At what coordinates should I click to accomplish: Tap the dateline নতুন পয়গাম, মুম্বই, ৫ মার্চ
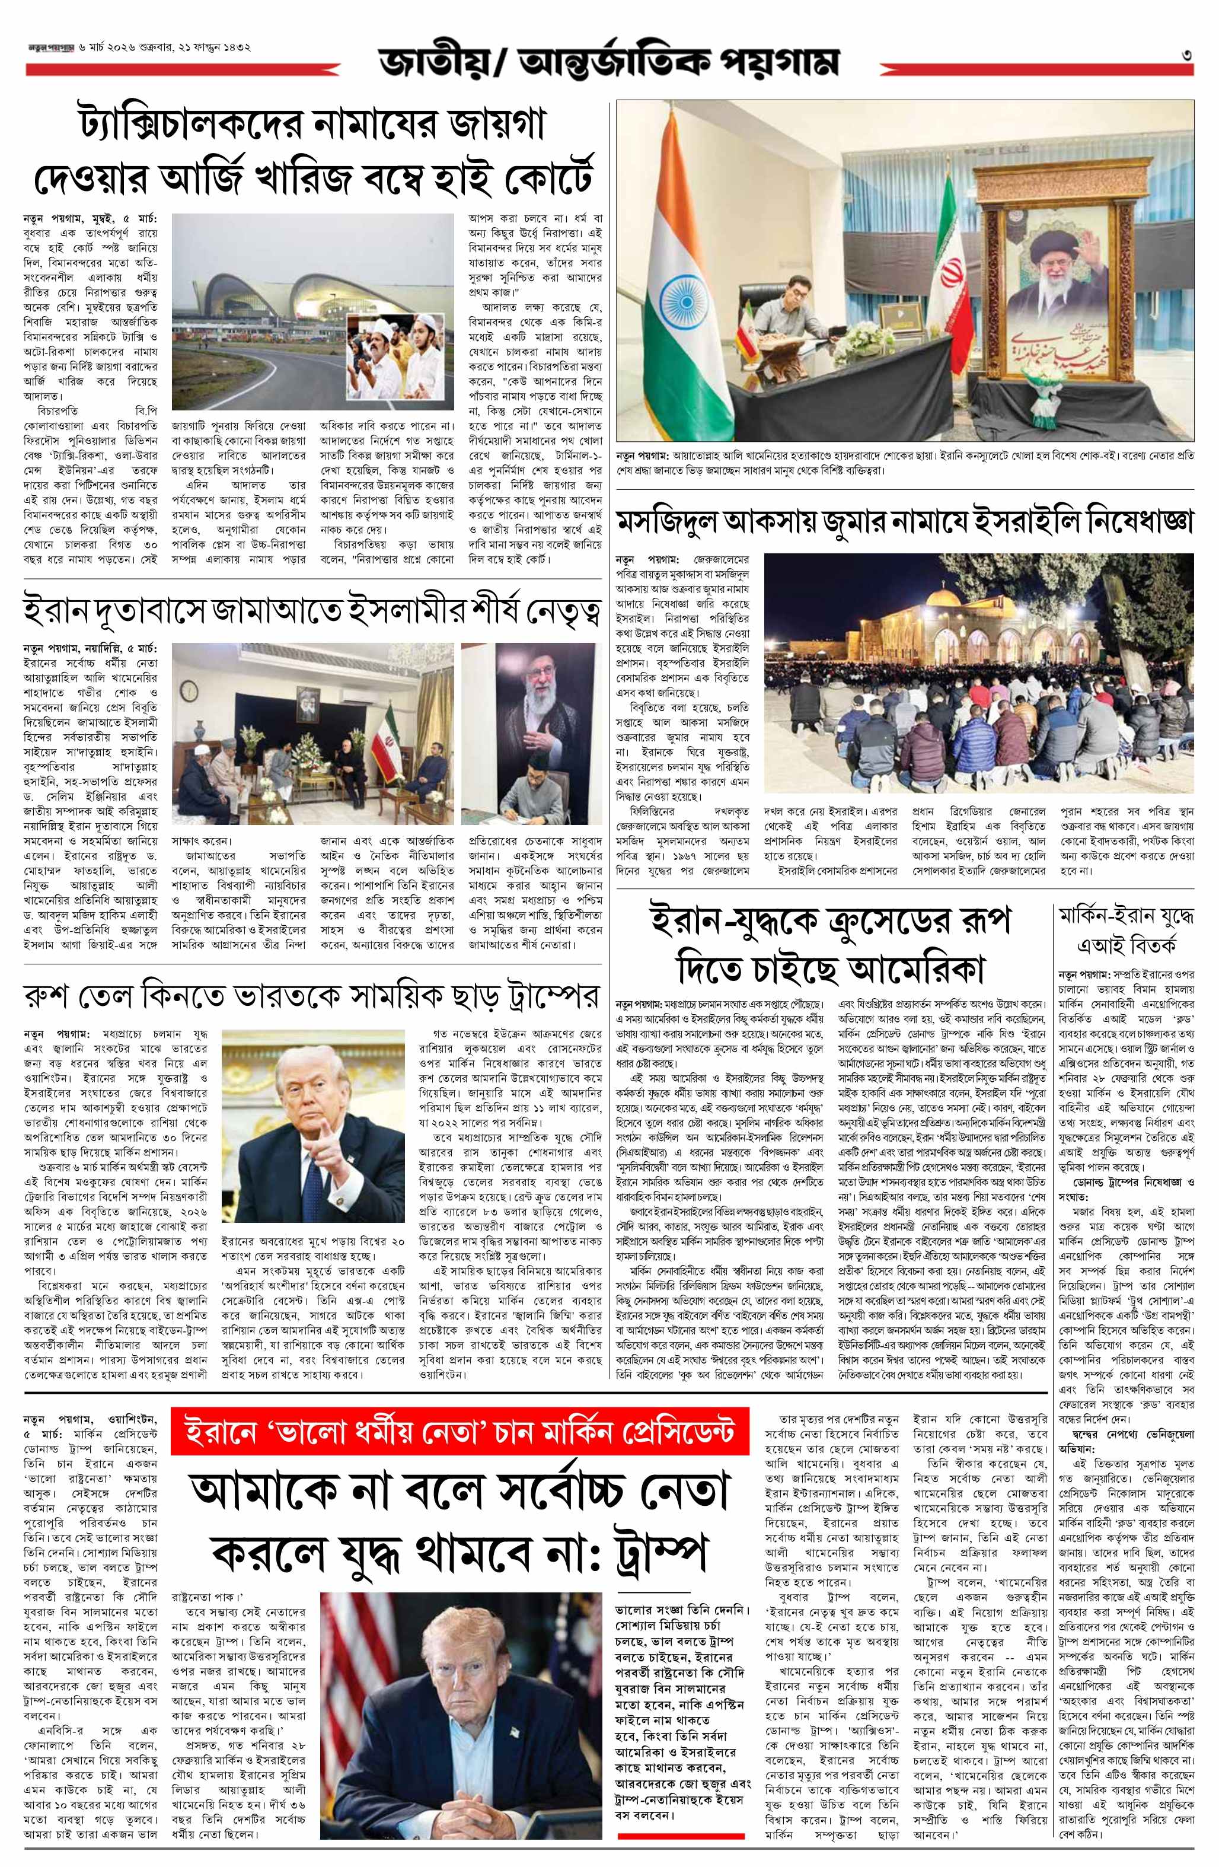point(90,216)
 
